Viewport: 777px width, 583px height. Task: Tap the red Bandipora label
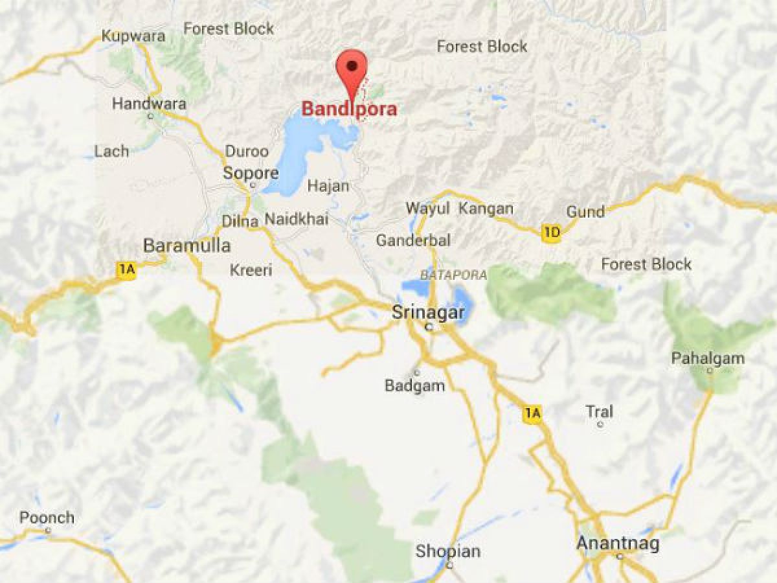pos(350,109)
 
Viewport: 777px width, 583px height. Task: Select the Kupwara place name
pos(133,36)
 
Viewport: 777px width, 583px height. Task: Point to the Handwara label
pos(149,104)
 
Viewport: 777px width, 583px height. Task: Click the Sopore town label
pos(251,174)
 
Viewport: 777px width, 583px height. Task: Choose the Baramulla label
pos(186,246)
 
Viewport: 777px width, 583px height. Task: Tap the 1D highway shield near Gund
pos(551,234)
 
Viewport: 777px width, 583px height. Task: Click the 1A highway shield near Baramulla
pos(126,271)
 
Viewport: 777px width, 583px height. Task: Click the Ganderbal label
pos(413,240)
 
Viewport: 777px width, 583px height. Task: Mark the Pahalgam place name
pos(708,358)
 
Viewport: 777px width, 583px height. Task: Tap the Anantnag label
pos(618,543)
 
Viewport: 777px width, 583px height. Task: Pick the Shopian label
pos(448,552)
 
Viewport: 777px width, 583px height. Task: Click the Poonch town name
pos(47,518)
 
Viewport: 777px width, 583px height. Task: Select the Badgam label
pos(415,386)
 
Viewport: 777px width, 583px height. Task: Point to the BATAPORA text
pos(453,275)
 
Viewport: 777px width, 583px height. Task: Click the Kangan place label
pos(486,209)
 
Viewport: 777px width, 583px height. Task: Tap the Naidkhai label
pos(297,220)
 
